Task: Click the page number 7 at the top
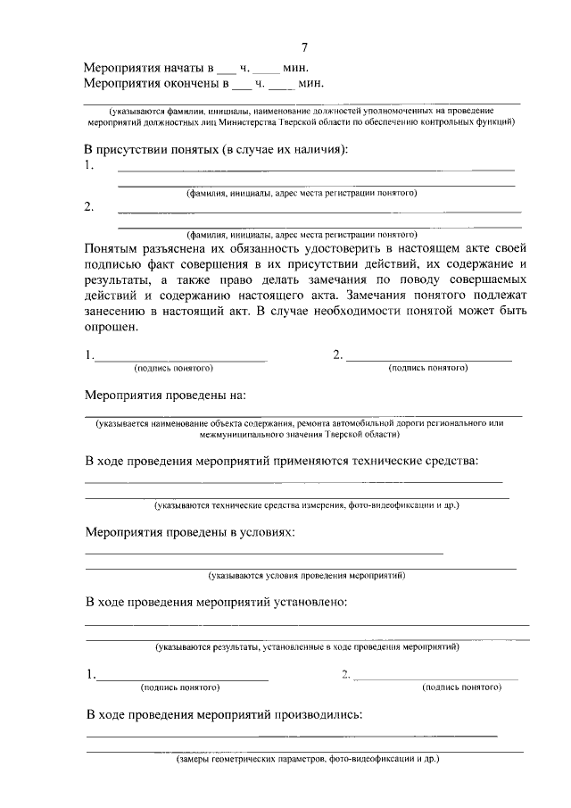coord(304,47)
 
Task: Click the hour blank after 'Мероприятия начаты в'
coord(228,69)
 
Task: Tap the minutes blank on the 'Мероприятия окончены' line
coord(281,86)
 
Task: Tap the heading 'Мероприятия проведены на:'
coord(165,394)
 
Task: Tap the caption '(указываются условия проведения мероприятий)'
coord(306,576)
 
